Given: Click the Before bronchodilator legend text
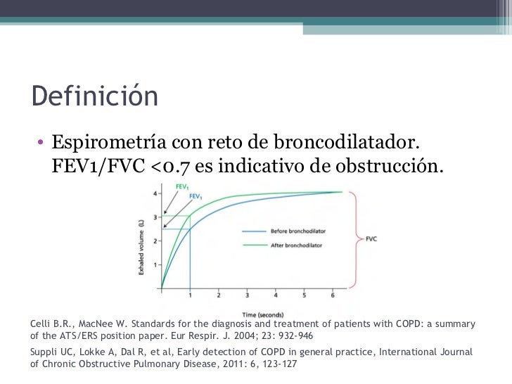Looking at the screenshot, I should click(298, 231).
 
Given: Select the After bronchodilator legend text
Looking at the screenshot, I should click(296, 245).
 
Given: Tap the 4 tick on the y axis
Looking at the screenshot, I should click(155, 192).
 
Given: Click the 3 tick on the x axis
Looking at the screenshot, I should click(248, 296).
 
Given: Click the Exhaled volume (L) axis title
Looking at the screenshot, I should click(143, 242).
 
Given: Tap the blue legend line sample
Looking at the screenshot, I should click(255, 231).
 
